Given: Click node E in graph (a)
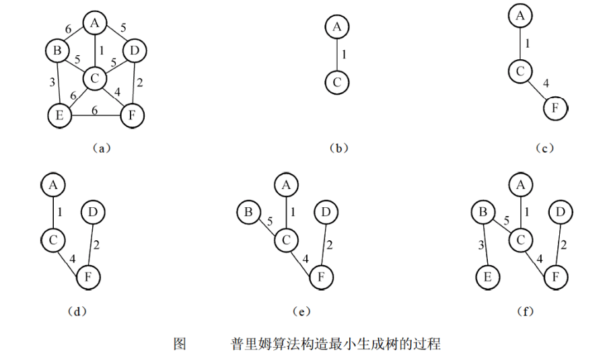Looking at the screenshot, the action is coord(59,116).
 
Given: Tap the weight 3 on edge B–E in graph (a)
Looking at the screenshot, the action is coord(51,82).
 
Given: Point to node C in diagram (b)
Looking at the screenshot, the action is coord(336,83).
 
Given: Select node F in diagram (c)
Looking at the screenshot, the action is coord(556,106).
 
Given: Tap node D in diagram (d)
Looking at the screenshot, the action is coord(92,212).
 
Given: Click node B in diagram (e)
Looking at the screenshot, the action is coord(247,213).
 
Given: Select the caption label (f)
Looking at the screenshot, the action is coord(522,311).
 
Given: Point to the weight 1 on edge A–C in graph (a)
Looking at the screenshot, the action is coord(101,50).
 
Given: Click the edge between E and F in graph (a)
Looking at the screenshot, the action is coord(94,116).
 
